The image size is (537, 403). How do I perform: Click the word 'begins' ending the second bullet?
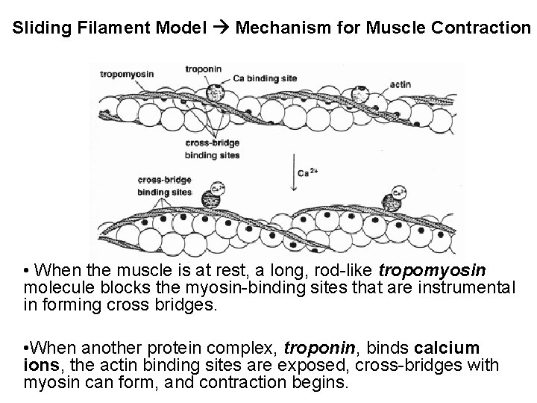323,383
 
